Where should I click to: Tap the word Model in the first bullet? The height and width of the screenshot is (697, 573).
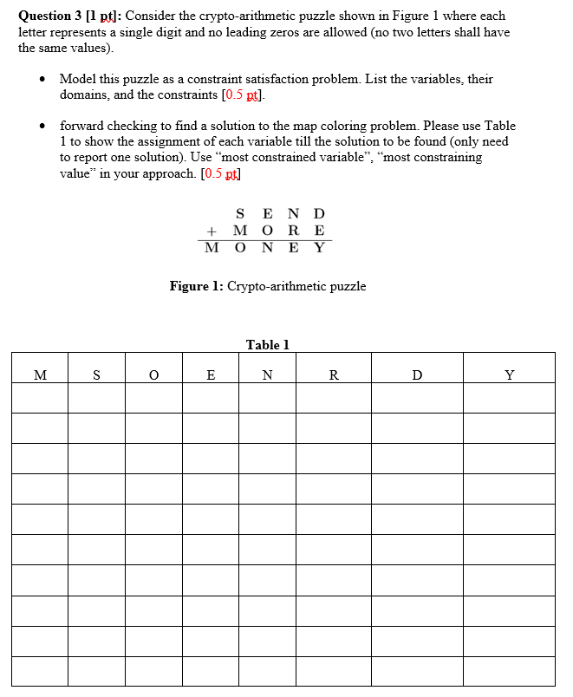pos(76,79)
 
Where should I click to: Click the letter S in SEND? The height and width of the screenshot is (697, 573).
pos(240,214)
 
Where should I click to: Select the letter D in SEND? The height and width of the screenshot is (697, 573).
pos(319,214)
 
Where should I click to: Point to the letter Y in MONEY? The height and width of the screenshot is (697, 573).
pos(319,248)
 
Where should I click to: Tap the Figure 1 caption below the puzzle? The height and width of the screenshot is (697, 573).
pos(267,286)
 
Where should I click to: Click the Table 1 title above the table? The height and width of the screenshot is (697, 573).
pos(267,345)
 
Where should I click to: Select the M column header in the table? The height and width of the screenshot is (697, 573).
pos(40,375)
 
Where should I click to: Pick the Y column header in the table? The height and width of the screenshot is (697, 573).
pos(510,375)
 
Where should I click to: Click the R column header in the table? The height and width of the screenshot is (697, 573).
pos(334,375)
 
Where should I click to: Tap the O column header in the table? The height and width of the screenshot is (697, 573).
pos(153,375)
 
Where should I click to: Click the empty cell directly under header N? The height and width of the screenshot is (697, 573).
pos(267,398)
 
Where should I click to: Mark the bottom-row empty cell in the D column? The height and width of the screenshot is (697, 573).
pos(418,670)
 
